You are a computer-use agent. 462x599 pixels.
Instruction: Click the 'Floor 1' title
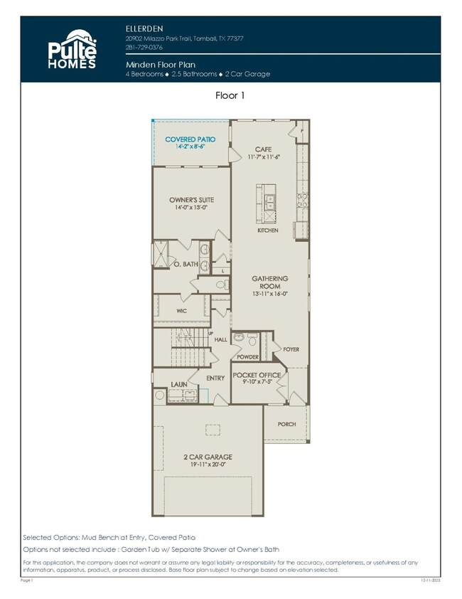231,94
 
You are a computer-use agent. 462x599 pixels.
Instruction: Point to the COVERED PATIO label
190,139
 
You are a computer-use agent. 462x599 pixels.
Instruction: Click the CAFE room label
264,149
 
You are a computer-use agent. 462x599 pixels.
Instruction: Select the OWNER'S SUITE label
191,200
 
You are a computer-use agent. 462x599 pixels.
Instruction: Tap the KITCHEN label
268,230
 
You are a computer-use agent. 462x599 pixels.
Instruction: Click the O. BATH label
186,264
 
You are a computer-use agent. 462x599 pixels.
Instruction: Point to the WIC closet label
181,310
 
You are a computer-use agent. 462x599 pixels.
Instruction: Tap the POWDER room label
247,356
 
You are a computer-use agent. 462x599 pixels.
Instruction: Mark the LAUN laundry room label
178,384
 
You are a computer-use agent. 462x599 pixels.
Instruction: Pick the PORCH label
286,423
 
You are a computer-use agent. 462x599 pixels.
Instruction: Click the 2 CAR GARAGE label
208,457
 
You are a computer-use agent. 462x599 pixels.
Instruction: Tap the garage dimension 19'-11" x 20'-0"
208,465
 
